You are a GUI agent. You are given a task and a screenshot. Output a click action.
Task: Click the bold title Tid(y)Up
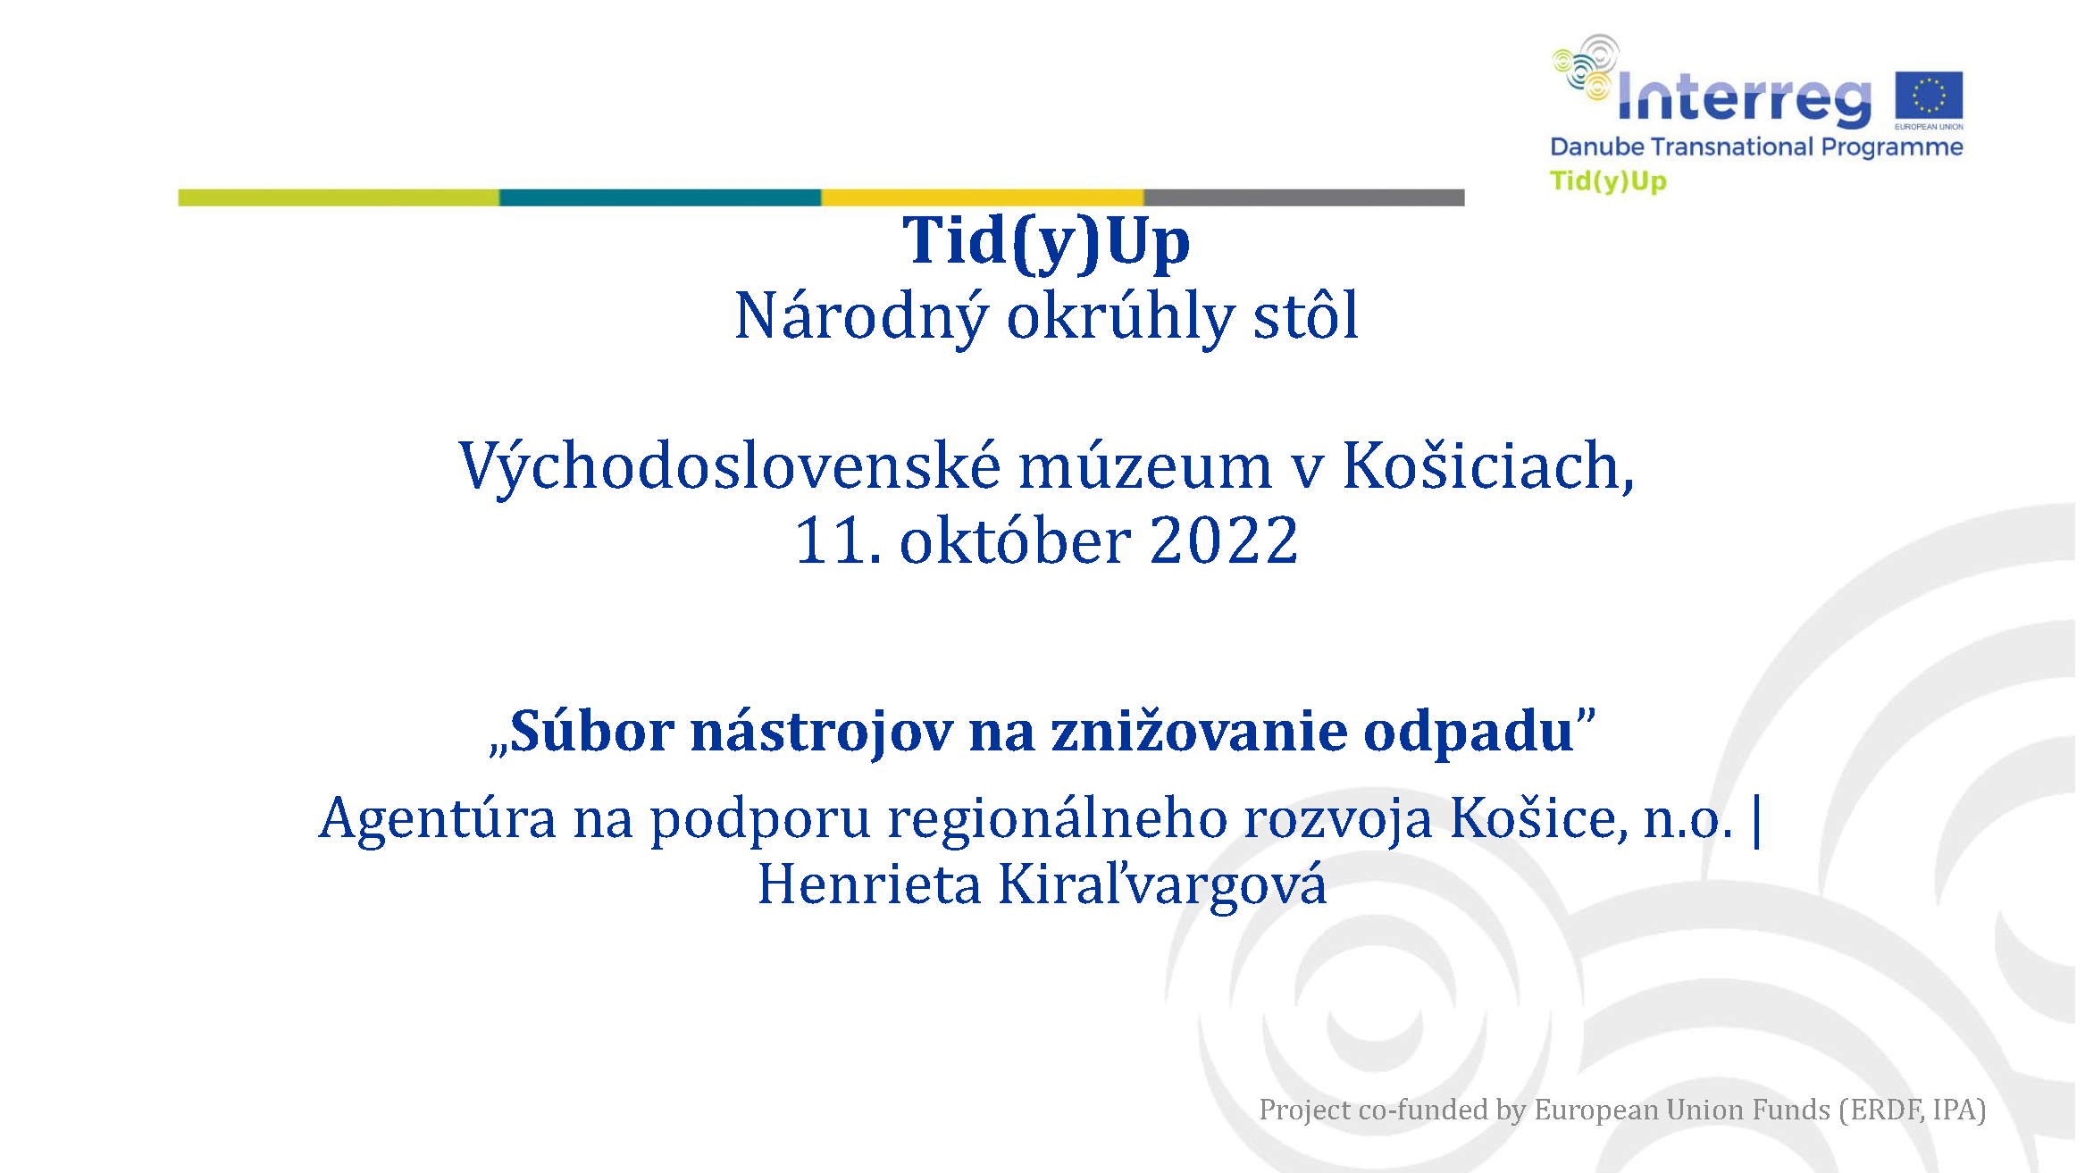pyautogui.click(x=1046, y=243)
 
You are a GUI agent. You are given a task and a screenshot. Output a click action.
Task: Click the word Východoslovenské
pyautogui.click(x=730, y=467)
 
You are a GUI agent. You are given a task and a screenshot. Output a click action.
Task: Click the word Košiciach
pyautogui.click(x=1488, y=466)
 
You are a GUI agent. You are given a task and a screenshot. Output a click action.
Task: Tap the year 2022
pyautogui.click(x=1224, y=541)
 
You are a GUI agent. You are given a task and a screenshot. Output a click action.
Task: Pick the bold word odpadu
pyautogui.click(x=1469, y=731)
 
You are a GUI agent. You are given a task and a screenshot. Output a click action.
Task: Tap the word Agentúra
pyautogui.click(x=438, y=817)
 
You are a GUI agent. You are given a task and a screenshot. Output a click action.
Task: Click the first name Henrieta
pyautogui.click(x=869, y=884)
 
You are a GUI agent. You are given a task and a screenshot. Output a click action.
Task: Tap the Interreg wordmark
pyautogui.click(x=1745, y=96)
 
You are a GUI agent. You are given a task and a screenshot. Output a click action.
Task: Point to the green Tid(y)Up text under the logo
pyautogui.click(x=1608, y=181)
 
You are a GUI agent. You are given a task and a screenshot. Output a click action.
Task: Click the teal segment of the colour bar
pyautogui.click(x=660, y=197)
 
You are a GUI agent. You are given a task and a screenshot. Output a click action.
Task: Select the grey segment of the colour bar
pyautogui.click(x=1304, y=197)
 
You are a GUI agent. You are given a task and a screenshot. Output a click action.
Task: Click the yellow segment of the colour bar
pyautogui.click(x=983, y=197)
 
